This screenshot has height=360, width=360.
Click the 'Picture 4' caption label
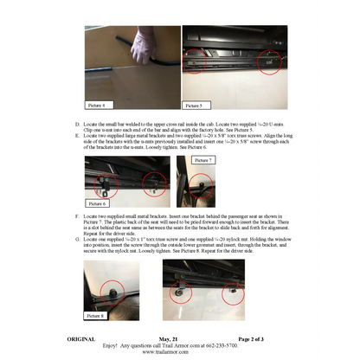click(97, 106)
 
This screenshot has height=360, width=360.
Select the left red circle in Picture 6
click(107, 183)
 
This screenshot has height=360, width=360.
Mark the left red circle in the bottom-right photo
click(182, 292)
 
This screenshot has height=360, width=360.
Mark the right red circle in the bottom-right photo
click(233, 295)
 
